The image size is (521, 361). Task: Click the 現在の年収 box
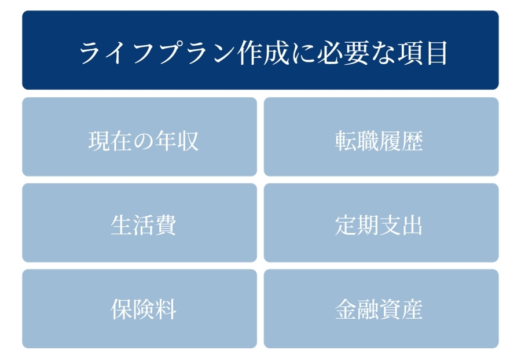[140, 137]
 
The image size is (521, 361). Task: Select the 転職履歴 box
[381, 137]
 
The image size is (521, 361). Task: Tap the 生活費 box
[140, 223]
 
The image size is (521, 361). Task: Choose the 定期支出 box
[381, 223]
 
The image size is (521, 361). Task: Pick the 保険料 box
[140, 308]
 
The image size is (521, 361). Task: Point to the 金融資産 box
[381, 308]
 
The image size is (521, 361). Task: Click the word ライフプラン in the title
[157, 53]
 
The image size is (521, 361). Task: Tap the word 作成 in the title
[263, 53]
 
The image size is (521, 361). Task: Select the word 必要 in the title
[343, 53]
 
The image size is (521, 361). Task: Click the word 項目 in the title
[422, 53]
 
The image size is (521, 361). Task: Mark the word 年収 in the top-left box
[177, 141]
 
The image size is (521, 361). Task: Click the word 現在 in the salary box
[111, 141]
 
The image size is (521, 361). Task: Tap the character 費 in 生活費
[165, 225]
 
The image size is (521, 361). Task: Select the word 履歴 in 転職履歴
[401, 141]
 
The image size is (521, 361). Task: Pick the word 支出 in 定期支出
[401, 225]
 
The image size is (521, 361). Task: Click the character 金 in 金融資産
[346, 309]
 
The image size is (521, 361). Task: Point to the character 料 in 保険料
[165, 309]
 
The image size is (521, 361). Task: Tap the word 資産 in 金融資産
[401, 309]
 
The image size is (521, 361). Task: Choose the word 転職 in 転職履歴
[357, 141]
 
